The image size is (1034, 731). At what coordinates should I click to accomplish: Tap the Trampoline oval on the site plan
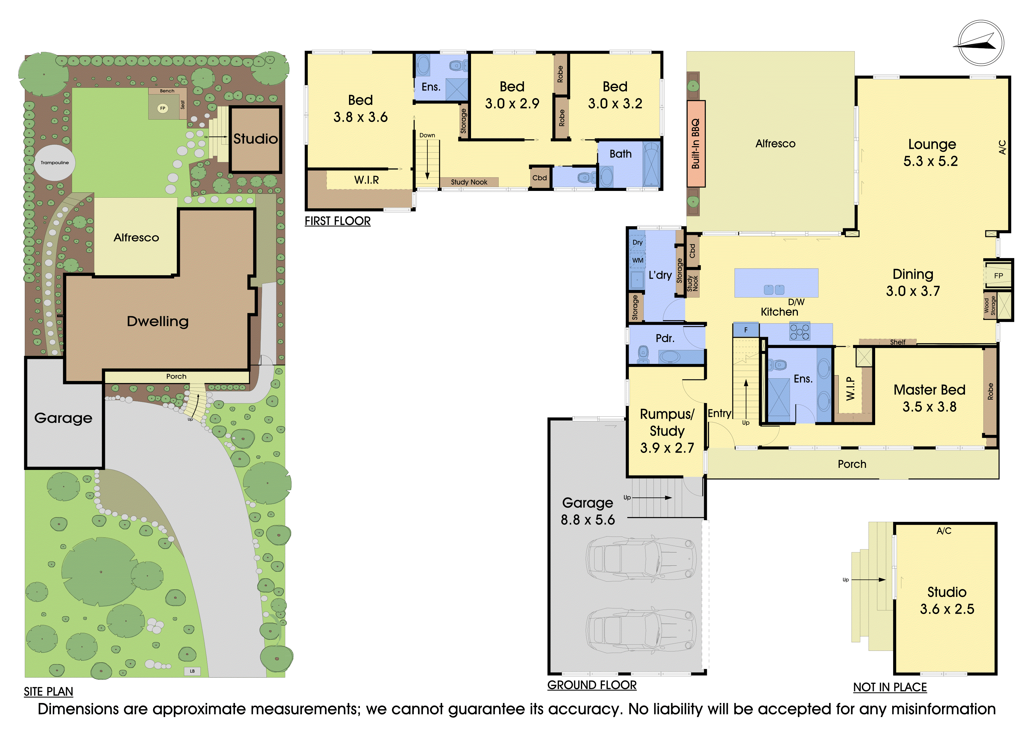[x=55, y=163]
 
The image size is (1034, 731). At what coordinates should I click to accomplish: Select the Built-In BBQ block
[x=696, y=143]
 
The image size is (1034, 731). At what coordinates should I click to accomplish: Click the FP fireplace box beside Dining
[x=998, y=275]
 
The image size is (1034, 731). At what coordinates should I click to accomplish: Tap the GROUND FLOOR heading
[x=592, y=685]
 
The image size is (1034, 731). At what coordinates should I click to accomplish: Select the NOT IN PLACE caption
[x=890, y=687]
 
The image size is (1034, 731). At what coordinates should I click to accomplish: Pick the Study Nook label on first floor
[x=469, y=182]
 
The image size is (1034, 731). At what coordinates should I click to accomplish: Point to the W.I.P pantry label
[x=850, y=388]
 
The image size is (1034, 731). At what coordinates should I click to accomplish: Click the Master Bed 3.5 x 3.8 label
[x=930, y=398]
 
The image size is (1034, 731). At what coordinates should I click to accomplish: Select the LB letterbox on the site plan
[x=192, y=671]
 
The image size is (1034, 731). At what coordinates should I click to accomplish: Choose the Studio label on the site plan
[x=255, y=139]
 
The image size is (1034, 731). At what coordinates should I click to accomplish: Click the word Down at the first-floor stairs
[x=427, y=135]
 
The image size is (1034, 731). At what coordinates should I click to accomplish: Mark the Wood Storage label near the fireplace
[x=990, y=306]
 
